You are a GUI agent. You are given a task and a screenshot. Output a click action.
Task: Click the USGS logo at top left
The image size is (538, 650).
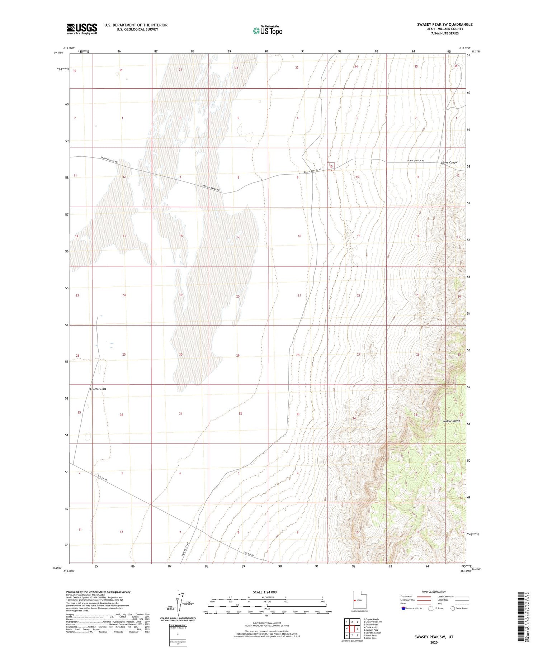click(82, 29)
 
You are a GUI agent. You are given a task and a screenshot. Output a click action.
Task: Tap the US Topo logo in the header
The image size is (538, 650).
click(268, 31)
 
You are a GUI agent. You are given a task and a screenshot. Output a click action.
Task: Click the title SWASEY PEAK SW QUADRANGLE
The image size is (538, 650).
click(444, 24)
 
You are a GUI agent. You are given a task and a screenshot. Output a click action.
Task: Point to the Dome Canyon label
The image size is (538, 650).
click(449, 162)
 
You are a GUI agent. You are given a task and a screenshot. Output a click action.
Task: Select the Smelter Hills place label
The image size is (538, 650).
click(98, 389)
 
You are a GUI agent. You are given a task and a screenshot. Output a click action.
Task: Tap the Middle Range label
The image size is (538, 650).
click(451, 421)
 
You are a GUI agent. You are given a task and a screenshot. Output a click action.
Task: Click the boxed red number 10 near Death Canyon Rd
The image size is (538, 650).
click(331, 166)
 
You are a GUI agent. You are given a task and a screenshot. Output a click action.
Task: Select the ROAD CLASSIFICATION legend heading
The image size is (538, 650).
click(434, 592)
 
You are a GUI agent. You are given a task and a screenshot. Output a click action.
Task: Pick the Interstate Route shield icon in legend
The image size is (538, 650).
click(403, 608)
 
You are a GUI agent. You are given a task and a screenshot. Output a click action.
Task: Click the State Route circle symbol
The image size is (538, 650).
click(453, 608)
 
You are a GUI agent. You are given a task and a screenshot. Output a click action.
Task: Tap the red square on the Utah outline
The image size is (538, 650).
click(354, 600)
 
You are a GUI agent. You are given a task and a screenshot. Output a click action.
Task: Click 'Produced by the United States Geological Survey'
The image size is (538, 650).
click(98, 592)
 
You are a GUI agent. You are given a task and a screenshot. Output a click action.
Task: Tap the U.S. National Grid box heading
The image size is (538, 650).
click(178, 625)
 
